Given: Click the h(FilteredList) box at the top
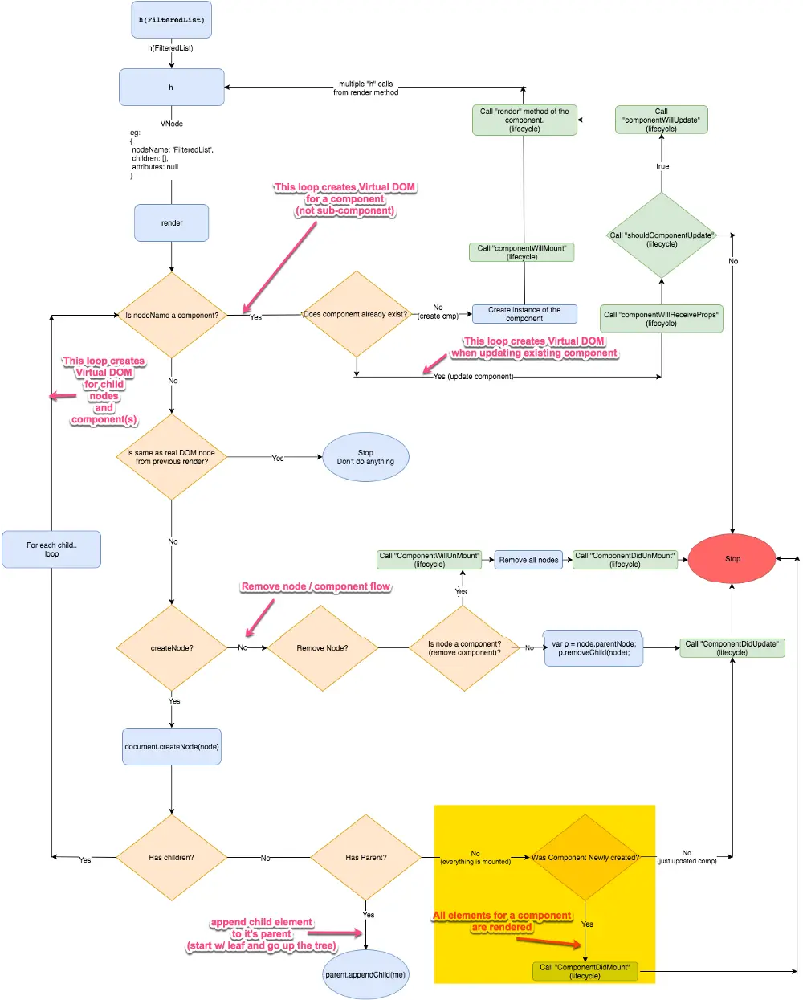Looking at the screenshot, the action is [171, 19].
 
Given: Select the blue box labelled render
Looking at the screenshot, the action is [172, 222].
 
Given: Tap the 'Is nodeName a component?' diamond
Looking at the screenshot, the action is [172, 315].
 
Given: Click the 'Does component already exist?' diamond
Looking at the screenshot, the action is [357, 314].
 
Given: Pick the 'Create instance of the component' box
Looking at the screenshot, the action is [524, 314].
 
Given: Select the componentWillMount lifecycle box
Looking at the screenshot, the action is [521, 252].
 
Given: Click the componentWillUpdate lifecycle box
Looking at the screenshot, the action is [661, 120].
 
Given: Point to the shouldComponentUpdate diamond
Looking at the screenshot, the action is [661, 235].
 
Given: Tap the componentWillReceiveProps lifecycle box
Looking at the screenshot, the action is [661, 318].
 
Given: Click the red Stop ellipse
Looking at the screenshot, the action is [732, 558].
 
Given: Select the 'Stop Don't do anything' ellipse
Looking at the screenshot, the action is [365, 457].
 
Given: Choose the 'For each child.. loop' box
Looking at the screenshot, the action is [51, 549].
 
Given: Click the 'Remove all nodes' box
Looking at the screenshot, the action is [528, 560].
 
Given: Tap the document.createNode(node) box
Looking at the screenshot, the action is [172, 746].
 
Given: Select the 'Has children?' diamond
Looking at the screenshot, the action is [172, 857].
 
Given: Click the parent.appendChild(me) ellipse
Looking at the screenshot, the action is [365, 974].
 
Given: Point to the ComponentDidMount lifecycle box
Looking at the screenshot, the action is [585, 971].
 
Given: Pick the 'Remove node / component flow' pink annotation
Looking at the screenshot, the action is [316, 586].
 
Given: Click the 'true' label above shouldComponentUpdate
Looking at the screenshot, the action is [662, 166].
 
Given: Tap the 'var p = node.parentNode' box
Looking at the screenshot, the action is [593, 647].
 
